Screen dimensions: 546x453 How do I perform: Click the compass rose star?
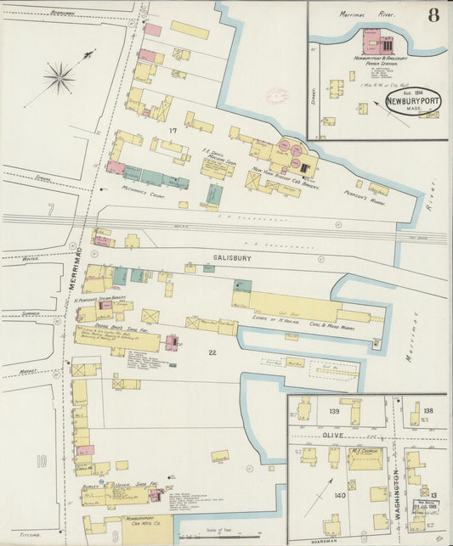pos(59,80)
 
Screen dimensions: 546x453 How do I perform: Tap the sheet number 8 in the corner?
pos(434,14)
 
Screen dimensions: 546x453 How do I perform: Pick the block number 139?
pos(334,411)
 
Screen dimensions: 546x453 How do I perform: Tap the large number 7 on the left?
pos(51,208)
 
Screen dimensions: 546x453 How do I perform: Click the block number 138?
pos(428,411)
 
